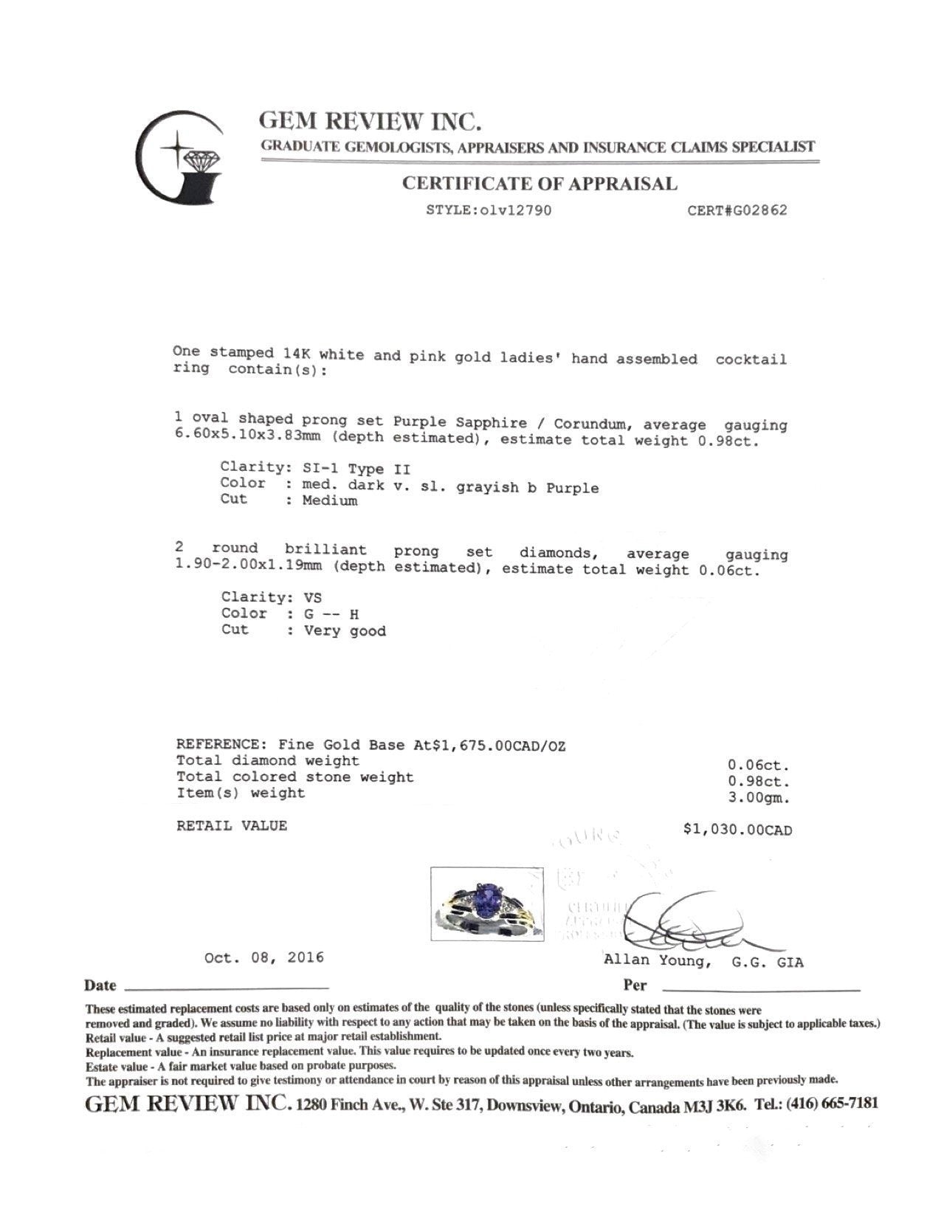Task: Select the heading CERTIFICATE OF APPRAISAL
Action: coord(540,184)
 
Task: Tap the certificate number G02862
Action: coord(759,210)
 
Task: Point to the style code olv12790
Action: coord(516,210)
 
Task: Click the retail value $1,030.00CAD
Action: coord(737,830)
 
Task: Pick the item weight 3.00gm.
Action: coord(759,798)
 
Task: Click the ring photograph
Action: coord(487,904)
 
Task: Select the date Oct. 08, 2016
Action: coord(263,958)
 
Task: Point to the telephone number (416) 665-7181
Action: coord(833,1104)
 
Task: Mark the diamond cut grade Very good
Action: coord(345,631)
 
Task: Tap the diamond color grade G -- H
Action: coord(331,614)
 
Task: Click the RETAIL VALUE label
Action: coord(231,826)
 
